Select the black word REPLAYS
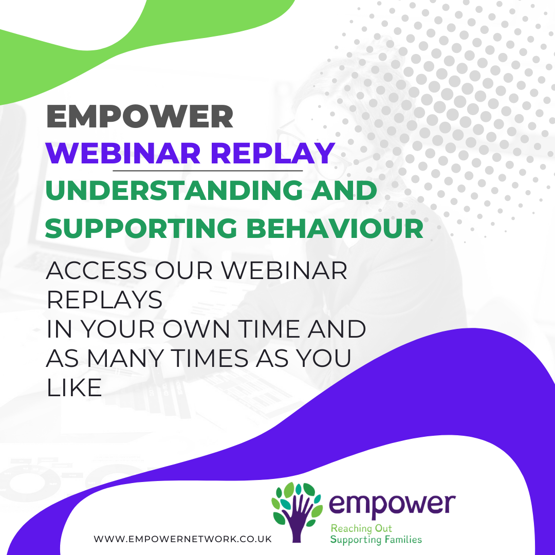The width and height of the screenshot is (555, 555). pos(104,300)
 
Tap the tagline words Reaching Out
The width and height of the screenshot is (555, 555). pos(361,528)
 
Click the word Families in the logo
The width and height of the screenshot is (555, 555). pos(403,540)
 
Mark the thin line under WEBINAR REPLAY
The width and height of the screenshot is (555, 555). pos(208,170)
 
